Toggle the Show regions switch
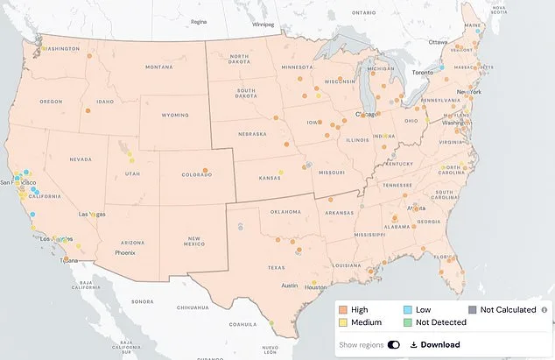pyautogui.click(x=393, y=344)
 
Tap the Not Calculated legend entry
pyautogui.click(x=502, y=309)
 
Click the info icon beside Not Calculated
pyautogui.click(x=544, y=309)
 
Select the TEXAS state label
pyautogui.click(x=276, y=267)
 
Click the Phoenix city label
pyautogui.click(x=127, y=252)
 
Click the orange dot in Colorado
pyautogui.click(x=207, y=171)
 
